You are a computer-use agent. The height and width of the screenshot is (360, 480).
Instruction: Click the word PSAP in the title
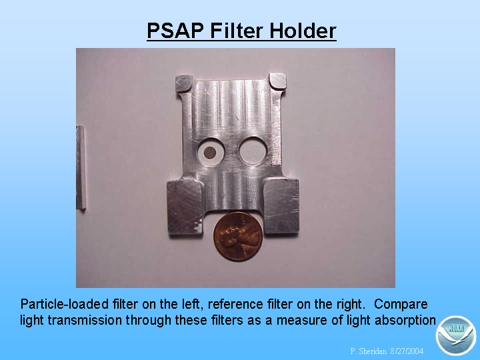[x=175, y=31]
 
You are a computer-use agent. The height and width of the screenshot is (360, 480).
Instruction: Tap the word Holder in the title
[x=303, y=31]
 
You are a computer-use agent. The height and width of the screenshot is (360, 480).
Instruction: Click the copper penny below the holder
[x=238, y=237]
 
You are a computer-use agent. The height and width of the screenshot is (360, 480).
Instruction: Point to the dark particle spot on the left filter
[x=210, y=153]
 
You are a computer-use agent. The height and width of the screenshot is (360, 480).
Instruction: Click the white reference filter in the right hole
[x=253, y=152]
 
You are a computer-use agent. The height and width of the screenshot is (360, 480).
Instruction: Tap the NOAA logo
[x=456, y=335]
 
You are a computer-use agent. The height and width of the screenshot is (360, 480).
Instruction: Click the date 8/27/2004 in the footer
[x=407, y=351]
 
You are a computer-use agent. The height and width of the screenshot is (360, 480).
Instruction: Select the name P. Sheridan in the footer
[x=368, y=351]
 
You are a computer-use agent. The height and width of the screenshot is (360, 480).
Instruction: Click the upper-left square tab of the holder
[x=184, y=83]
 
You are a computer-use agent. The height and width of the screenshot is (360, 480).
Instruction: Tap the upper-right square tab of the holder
[x=277, y=81]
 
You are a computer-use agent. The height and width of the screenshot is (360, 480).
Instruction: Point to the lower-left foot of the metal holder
[x=185, y=207]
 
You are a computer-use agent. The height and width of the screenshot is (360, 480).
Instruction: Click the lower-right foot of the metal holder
[x=281, y=206]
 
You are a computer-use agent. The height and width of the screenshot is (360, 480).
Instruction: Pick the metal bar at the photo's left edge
[x=81, y=167]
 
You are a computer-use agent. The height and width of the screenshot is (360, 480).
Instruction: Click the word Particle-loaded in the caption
[x=64, y=304]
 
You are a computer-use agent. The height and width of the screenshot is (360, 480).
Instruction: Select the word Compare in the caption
[x=401, y=304]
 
